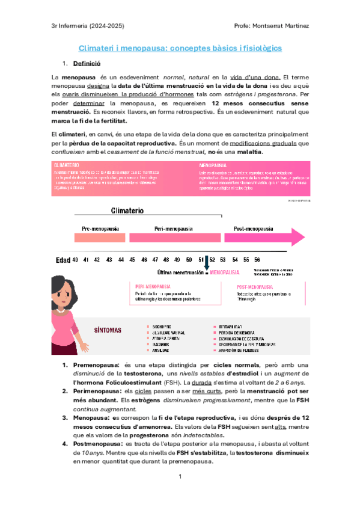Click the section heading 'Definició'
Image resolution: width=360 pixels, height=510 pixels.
click(x=87, y=63)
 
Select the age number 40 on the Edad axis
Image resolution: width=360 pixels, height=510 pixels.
click(x=75, y=260)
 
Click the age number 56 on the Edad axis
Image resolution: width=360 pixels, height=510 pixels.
click(x=257, y=260)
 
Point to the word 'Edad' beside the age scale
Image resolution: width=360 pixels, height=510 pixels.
click(x=63, y=260)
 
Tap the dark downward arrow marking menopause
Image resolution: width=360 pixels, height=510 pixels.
click(x=206, y=263)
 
